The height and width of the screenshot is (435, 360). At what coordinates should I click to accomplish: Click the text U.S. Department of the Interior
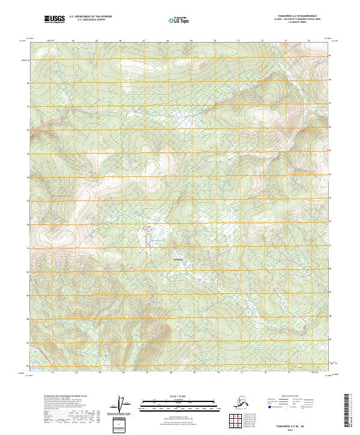point(91,17)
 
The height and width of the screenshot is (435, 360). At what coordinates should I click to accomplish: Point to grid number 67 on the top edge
point(144,41)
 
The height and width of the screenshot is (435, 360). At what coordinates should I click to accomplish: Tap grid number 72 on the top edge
point(262,41)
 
